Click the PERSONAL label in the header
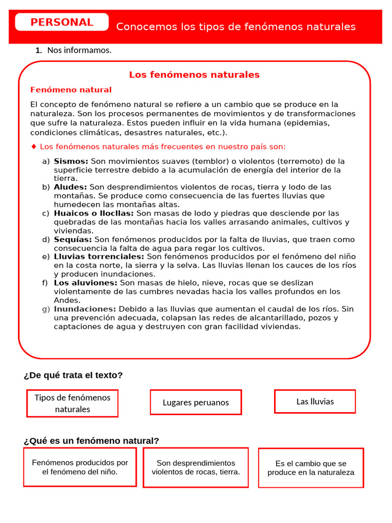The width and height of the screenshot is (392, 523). [x=62, y=22]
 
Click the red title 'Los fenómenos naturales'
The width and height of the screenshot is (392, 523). [x=194, y=75]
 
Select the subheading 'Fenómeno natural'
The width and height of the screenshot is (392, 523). [x=71, y=90]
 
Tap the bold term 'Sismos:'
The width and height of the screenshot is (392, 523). [x=71, y=161]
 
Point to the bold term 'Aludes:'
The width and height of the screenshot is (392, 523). [x=70, y=187]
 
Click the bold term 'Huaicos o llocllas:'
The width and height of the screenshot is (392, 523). [x=94, y=213]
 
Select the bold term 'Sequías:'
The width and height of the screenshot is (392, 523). [x=73, y=240]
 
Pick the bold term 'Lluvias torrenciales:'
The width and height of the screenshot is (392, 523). [x=99, y=257]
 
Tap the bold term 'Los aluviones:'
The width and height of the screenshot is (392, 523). [x=86, y=283]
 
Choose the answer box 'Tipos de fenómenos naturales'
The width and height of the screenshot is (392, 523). [x=72, y=403]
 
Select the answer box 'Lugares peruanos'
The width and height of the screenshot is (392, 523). [x=195, y=402]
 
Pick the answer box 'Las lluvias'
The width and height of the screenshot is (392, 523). [x=315, y=401]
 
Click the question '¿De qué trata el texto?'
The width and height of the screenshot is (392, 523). [x=73, y=375]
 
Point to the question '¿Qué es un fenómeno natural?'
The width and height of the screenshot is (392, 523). [x=91, y=441]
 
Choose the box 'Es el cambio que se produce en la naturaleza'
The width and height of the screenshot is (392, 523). [x=311, y=468]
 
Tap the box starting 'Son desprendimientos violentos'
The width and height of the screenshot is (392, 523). [x=195, y=467]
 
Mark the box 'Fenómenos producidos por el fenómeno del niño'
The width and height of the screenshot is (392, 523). [x=80, y=467]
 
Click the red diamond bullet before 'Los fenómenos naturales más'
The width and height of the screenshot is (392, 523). [x=34, y=147]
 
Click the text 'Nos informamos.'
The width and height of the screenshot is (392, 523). [x=79, y=50]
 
